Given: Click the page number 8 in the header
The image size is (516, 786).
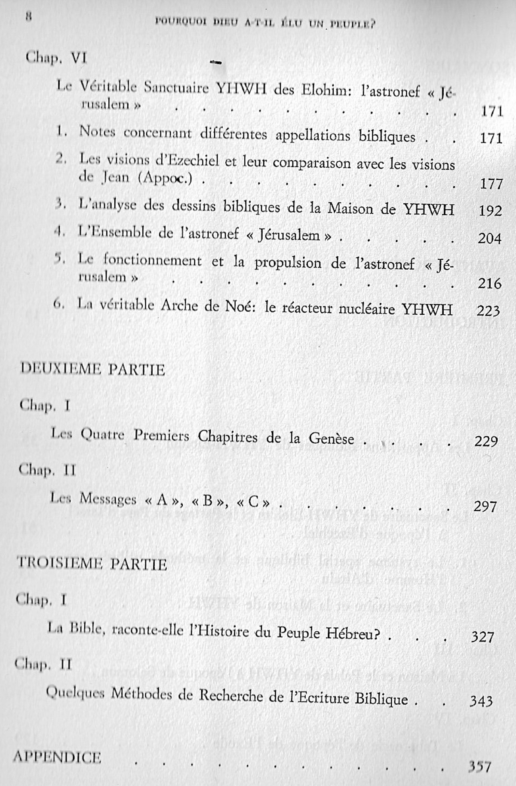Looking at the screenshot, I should (x=29, y=17).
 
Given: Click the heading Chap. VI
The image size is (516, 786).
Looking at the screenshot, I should (x=56, y=57).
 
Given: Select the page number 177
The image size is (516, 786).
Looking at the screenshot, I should (x=491, y=184).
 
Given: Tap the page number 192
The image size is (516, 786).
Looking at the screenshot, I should (x=490, y=211).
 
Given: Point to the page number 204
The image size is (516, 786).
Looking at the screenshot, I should (x=489, y=238).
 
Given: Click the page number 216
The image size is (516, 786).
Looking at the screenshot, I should (x=489, y=283).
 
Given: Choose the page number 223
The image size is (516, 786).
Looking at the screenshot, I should (x=488, y=310).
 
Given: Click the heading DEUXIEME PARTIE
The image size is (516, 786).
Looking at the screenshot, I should (x=92, y=369).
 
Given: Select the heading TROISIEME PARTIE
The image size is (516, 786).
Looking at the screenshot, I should (x=92, y=563).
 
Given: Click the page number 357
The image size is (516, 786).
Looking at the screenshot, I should (x=479, y=766).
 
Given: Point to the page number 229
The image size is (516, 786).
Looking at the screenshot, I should (x=486, y=441).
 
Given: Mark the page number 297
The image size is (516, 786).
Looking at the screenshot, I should (x=485, y=507).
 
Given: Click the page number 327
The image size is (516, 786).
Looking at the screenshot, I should (x=482, y=636).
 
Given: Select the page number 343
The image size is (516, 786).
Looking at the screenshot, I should (x=481, y=701).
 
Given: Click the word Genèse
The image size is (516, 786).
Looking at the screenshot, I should (x=331, y=439).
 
